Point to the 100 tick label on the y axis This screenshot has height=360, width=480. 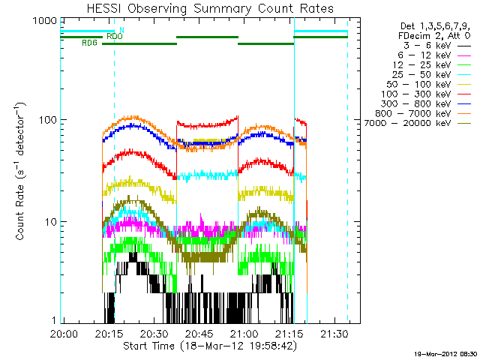pyautogui.click(x=46, y=121)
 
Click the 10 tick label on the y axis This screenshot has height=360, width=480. pyautogui.click(x=49, y=222)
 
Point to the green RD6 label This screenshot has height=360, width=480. pyautogui.click(x=89, y=43)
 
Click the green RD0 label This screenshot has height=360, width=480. pyautogui.click(x=115, y=36)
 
